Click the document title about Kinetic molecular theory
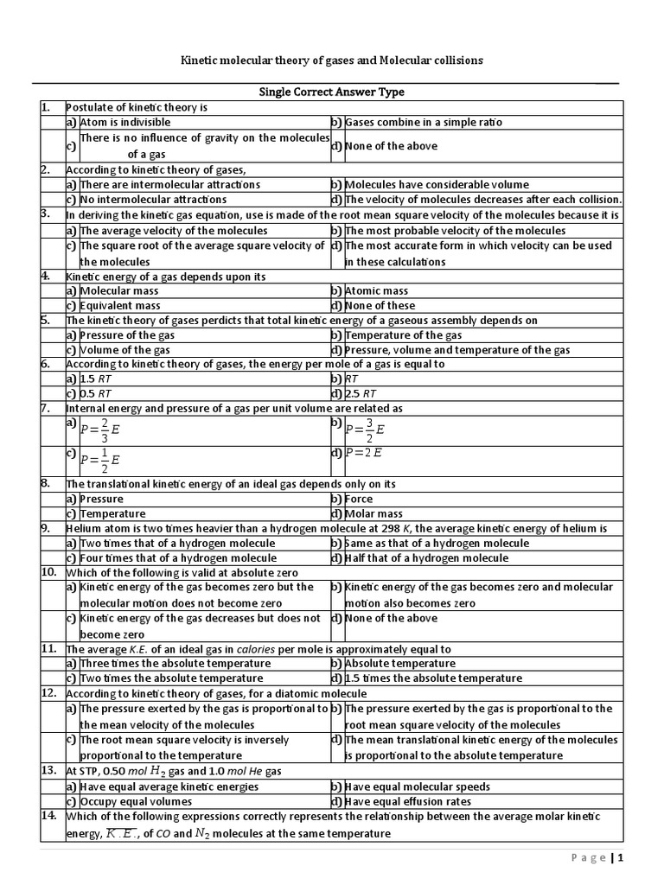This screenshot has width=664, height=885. click(x=331, y=60)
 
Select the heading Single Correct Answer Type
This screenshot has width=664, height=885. click(x=332, y=92)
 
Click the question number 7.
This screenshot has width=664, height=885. click(x=46, y=407)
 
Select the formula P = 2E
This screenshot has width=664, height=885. click(x=363, y=452)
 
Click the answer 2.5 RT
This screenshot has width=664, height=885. click(x=361, y=394)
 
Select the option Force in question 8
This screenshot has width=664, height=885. click(x=359, y=499)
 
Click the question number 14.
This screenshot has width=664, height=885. click(x=48, y=816)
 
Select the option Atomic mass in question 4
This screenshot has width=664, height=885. click(x=376, y=291)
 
